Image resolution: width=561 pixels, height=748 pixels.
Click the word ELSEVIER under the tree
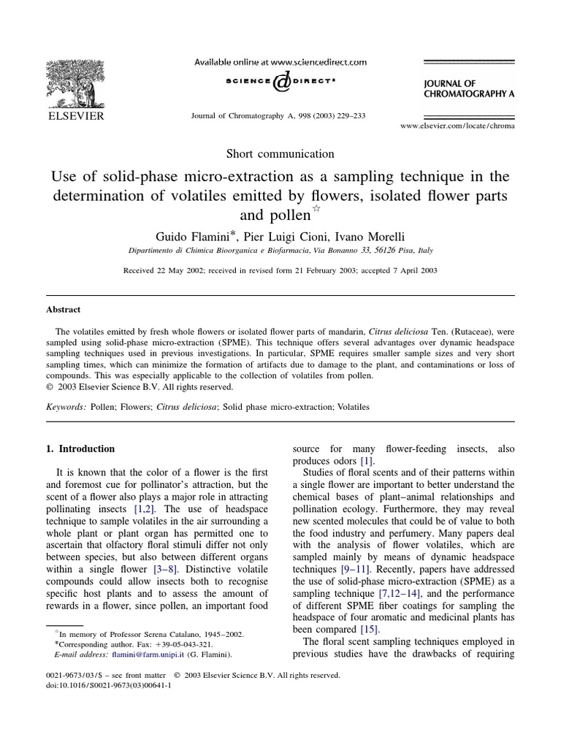(x=76, y=115)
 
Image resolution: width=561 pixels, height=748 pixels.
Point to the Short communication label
(x=280, y=153)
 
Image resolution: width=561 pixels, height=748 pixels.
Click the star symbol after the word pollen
(x=316, y=210)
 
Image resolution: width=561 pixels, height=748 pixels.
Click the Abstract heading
(x=64, y=310)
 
